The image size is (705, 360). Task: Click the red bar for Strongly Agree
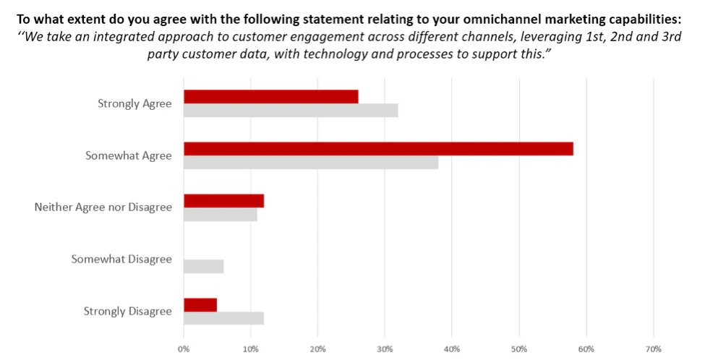pos(271,97)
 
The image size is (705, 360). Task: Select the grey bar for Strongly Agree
pos(291,111)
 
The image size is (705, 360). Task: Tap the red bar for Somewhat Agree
pos(378,149)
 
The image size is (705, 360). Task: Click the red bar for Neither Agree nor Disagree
pos(223,201)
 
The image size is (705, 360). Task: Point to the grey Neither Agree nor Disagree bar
pos(221,215)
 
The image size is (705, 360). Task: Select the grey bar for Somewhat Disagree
pos(204,266)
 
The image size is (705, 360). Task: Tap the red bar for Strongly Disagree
pos(200,304)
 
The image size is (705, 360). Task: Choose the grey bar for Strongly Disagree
pos(223,318)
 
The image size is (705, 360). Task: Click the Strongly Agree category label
pos(134,104)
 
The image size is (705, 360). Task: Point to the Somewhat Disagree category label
pos(121,259)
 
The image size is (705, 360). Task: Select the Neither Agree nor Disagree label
pos(103,207)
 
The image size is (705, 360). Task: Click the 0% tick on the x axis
pos(184,350)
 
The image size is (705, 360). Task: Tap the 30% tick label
pos(385,350)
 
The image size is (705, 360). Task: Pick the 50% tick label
pos(519,350)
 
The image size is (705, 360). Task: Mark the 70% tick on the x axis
pos(653,350)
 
